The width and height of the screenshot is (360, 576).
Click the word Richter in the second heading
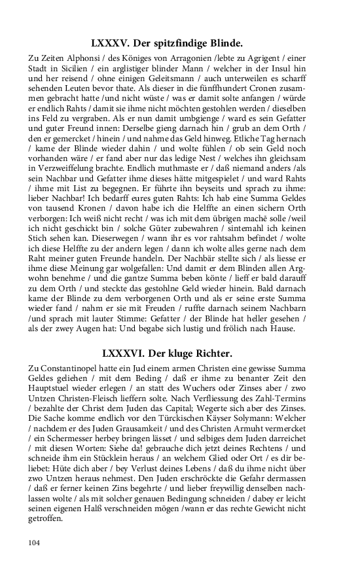(x=211, y=353)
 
